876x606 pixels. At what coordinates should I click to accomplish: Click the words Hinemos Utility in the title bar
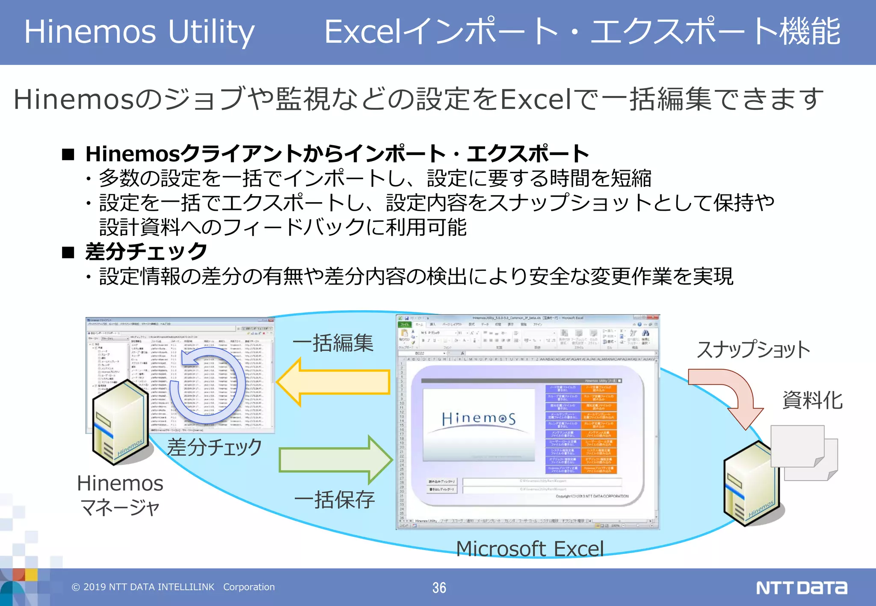(139, 32)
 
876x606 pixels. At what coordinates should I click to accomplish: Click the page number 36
(439, 588)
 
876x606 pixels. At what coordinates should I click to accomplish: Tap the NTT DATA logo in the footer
(801, 588)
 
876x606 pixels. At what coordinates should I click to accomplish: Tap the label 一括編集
(333, 343)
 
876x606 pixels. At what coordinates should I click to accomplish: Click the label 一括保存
(334, 500)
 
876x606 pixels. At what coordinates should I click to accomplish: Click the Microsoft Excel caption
(530, 549)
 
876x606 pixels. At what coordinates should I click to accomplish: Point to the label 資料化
(812, 400)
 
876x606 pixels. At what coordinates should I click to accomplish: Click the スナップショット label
(753, 350)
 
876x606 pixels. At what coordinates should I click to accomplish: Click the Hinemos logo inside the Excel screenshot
(479, 418)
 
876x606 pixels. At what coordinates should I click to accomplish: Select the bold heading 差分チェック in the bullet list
(146, 251)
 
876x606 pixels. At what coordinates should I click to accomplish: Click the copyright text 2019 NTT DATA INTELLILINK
(173, 587)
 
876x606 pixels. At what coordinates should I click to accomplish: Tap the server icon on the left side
(121, 423)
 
